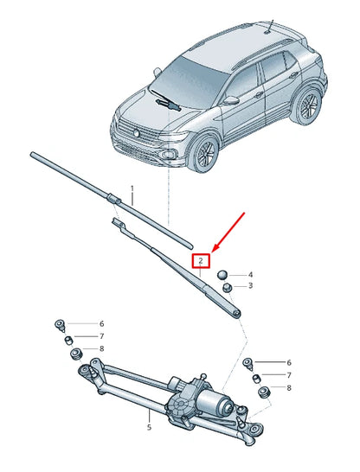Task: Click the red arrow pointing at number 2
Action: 228,233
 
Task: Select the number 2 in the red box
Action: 201,261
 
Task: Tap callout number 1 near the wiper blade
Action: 132,189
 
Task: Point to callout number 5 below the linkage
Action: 150,427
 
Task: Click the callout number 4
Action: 250,275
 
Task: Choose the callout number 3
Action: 250,285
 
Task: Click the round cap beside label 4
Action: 222,275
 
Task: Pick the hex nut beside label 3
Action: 227,287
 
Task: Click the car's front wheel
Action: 204,153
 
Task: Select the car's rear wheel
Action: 305,105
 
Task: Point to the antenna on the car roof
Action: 270,27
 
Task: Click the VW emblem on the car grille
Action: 136,133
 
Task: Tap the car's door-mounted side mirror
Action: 231,100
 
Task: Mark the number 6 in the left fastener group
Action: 102,324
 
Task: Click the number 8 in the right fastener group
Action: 289,388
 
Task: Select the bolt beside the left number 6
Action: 60,325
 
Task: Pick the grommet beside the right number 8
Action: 264,392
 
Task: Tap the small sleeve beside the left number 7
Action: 69,341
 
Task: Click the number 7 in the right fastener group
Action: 289,375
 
